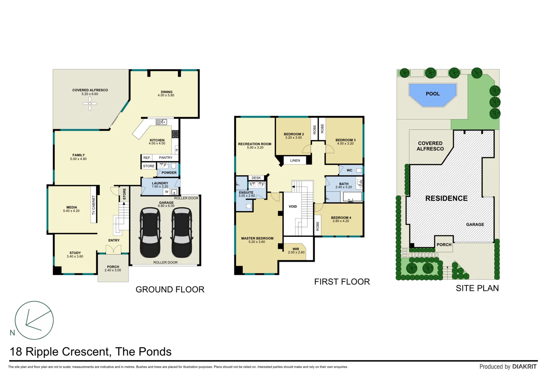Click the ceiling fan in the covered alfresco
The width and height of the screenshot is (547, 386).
coord(90,104)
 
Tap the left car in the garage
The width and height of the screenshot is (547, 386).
coord(150,232)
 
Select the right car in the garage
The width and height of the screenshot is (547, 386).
coord(182,232)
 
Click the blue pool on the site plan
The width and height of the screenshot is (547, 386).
coord(433,94)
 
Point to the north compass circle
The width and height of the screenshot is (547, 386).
coord(34,320)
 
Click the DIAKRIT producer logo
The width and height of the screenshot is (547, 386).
coord(524,366)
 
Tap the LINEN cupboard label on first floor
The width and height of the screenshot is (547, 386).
coord(295,160)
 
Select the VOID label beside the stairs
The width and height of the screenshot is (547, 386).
coord(293,207)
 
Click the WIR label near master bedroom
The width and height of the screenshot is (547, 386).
coord(296,249)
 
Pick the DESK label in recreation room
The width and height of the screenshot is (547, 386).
coord(256,178)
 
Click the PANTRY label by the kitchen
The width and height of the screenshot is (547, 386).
coord(165,158)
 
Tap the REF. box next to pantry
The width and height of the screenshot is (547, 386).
coord(147,158)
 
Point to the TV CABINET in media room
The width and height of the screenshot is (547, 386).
coord(94,205)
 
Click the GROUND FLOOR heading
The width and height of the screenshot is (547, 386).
coord(170,289)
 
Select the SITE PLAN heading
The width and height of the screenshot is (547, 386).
coord(477,288)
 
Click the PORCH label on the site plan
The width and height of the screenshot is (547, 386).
coord(444,245)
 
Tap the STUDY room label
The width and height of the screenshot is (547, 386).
coord(75,253)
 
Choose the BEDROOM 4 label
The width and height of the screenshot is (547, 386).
coord(341,218)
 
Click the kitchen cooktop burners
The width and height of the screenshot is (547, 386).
coord(175,134)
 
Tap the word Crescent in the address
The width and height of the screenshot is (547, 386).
coord(85,352)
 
